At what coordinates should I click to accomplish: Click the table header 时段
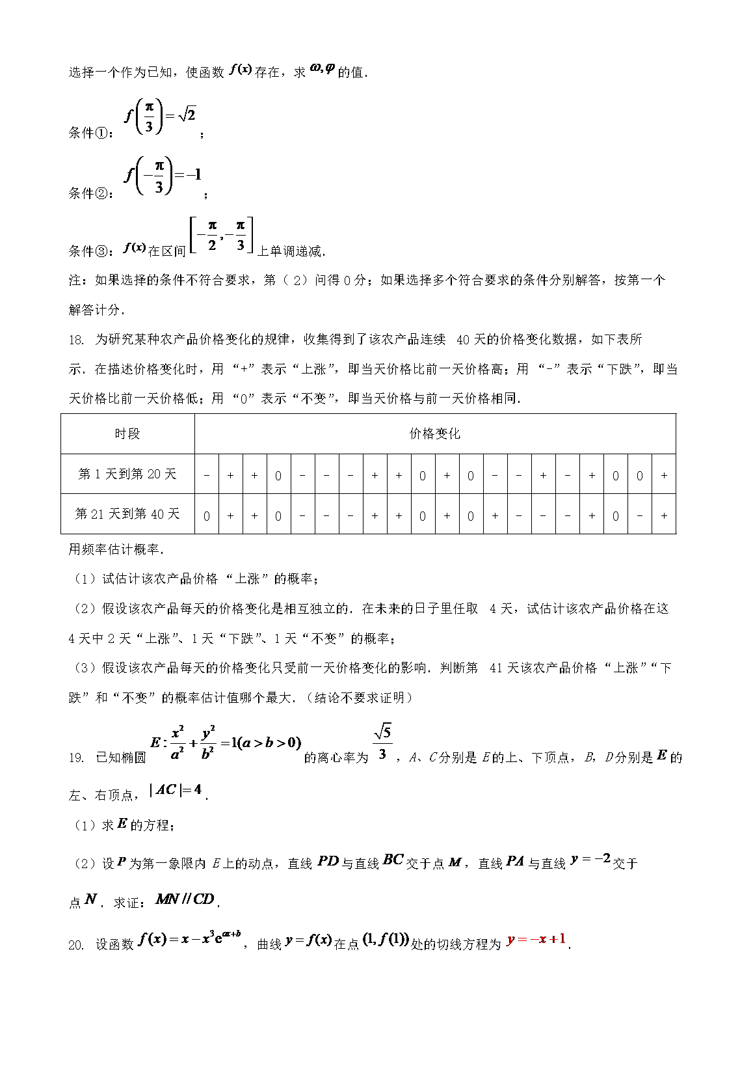127,434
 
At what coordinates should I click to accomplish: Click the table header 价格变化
434,434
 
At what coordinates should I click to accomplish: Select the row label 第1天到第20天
127,474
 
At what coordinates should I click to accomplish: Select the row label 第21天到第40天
127,514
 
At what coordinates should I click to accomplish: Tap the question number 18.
76,340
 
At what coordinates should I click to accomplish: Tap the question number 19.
76,758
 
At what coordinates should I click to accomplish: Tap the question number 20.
76,945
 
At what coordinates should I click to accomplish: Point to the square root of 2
187,115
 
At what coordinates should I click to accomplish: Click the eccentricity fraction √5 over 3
382,743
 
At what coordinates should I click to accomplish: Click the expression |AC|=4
176,790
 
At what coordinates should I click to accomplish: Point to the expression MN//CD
185,899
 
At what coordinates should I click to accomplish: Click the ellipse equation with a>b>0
226,743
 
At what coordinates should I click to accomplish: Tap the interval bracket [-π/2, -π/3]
221,236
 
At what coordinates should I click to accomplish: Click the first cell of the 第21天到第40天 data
207,515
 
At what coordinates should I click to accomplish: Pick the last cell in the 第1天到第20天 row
664,475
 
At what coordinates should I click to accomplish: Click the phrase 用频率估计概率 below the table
114,550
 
